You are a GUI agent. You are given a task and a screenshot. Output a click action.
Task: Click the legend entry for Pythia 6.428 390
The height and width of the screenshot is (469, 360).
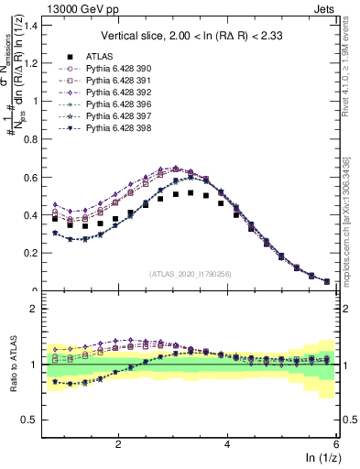116,67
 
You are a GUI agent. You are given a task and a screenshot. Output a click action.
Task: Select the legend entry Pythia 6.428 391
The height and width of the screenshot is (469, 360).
116,79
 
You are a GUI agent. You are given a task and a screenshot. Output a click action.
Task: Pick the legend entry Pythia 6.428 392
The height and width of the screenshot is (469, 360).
116,91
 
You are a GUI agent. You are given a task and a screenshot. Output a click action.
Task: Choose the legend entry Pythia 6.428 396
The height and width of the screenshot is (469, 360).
116,103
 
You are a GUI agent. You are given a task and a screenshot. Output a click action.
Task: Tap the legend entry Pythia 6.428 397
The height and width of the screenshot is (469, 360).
116,115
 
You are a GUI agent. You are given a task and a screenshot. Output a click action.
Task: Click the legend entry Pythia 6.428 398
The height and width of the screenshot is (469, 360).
116,126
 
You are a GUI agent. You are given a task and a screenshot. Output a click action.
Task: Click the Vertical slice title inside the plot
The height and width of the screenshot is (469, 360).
191,36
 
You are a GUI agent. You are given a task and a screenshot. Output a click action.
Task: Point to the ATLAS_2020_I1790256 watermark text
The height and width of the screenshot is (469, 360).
191,274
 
